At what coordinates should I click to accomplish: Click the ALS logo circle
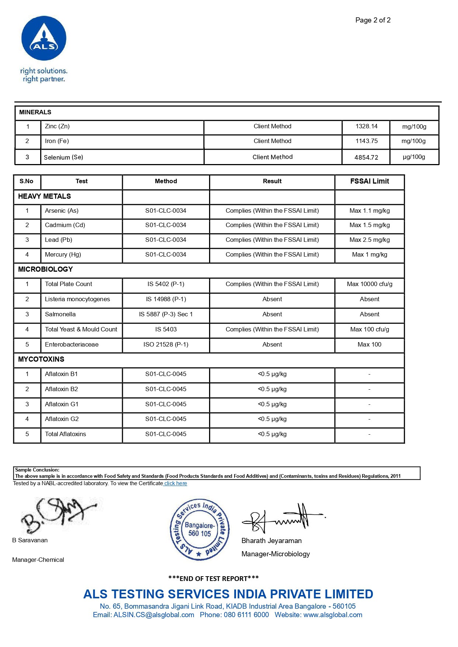pos(44,38)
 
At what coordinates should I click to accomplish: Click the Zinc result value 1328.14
pos(366,126)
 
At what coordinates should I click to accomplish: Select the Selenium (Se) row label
pos(63,157)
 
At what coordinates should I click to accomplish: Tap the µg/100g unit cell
pos(414,157)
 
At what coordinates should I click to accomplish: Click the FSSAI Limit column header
pos(369,181)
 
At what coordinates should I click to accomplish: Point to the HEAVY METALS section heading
pos(45,196)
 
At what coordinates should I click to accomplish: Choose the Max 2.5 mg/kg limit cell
pos(369,240)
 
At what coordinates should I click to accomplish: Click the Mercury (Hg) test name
pos(63,255)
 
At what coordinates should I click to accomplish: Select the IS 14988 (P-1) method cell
pos(166,299)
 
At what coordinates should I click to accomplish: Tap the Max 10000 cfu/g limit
pos(369,284)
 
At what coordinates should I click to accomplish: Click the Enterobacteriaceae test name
pos(72,345)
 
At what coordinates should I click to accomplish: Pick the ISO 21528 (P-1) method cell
pos(166,345)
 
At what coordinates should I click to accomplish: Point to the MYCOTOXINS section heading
pos(41,359)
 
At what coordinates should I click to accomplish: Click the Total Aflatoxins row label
pos(66,434)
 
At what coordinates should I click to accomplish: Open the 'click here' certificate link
pos(176,484)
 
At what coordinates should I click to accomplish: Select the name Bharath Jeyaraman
pos(271,541)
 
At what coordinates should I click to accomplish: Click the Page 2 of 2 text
pos(373,20)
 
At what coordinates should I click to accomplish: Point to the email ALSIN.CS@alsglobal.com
pos(154,615)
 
